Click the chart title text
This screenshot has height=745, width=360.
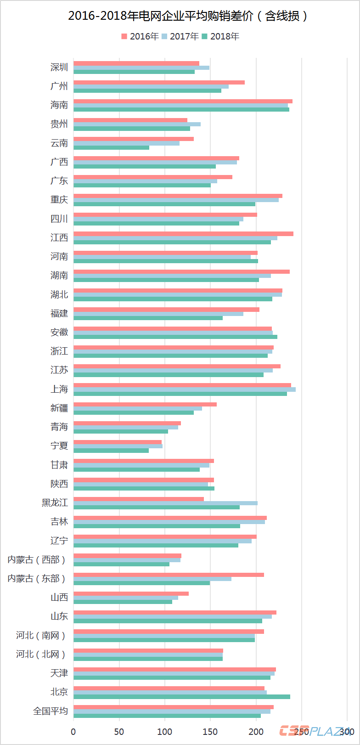tap(188, 17)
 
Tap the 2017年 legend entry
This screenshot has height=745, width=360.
tap(180, 36)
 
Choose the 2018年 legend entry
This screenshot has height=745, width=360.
tap(221, 36)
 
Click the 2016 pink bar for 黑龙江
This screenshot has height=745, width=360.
tap(139, 499)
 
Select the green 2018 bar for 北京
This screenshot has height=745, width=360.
tap(182, 697)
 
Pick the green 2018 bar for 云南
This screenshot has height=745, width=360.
tap(111, 147)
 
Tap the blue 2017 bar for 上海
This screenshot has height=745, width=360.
tap(185, 389)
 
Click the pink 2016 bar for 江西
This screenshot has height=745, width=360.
tap(183, 234)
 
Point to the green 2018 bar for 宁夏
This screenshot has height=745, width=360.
tap(111, 450)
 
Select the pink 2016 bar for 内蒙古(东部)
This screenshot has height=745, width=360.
tap(169, 575)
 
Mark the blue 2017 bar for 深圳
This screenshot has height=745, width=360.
tap(141, 68)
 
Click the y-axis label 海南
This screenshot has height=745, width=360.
tap(59, 105)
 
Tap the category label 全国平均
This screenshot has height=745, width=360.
tap(51, 711)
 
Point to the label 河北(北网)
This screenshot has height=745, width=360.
tap(41, 654)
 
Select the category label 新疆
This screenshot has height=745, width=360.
tap(59, 408)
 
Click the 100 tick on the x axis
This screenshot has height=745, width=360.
tap(164, 731)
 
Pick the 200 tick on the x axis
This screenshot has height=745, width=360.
tap(256, 731)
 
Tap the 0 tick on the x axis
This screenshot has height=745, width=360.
tap(73, 731)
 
